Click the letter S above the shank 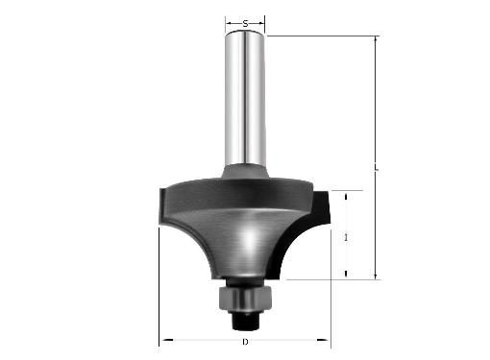245,23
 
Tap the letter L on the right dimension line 377,168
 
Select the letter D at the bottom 245,342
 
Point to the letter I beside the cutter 346,237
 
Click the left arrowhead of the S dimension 229,23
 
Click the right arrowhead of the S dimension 261,23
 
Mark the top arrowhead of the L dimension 376,39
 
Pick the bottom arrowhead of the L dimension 376,276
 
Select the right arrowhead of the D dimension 323,340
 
